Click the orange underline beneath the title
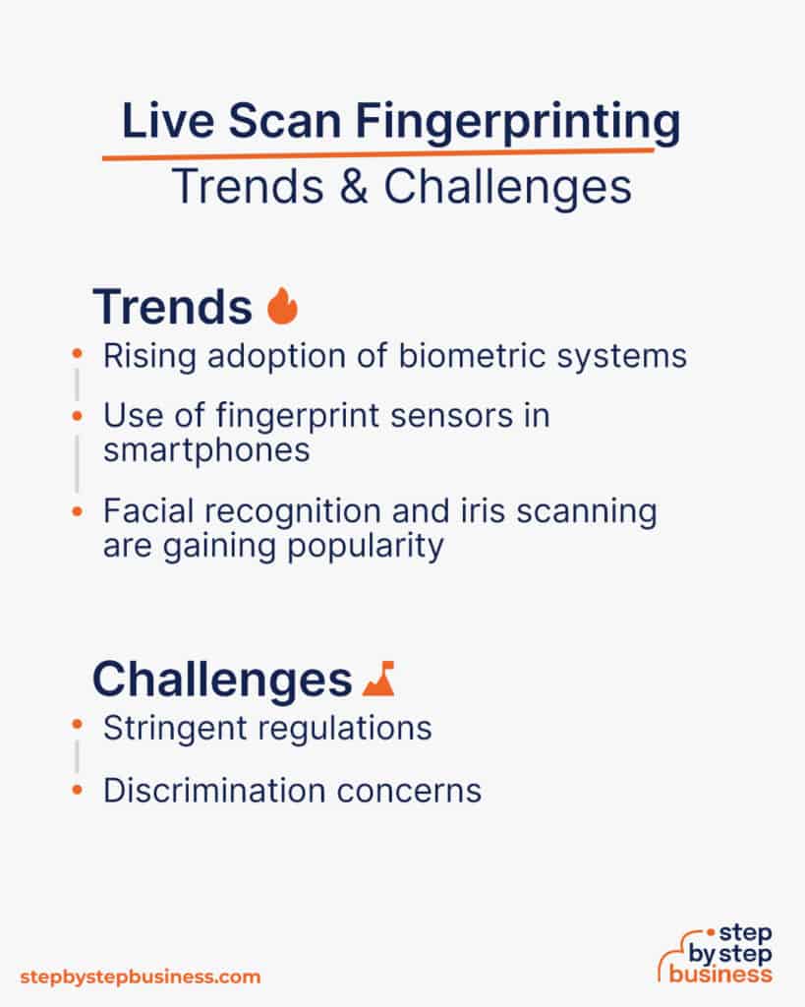378,154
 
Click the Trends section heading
172,307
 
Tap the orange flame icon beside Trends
282,307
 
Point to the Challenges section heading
221,680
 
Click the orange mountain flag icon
378,678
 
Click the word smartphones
206,449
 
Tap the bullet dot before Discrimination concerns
78,789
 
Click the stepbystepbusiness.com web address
141,977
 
